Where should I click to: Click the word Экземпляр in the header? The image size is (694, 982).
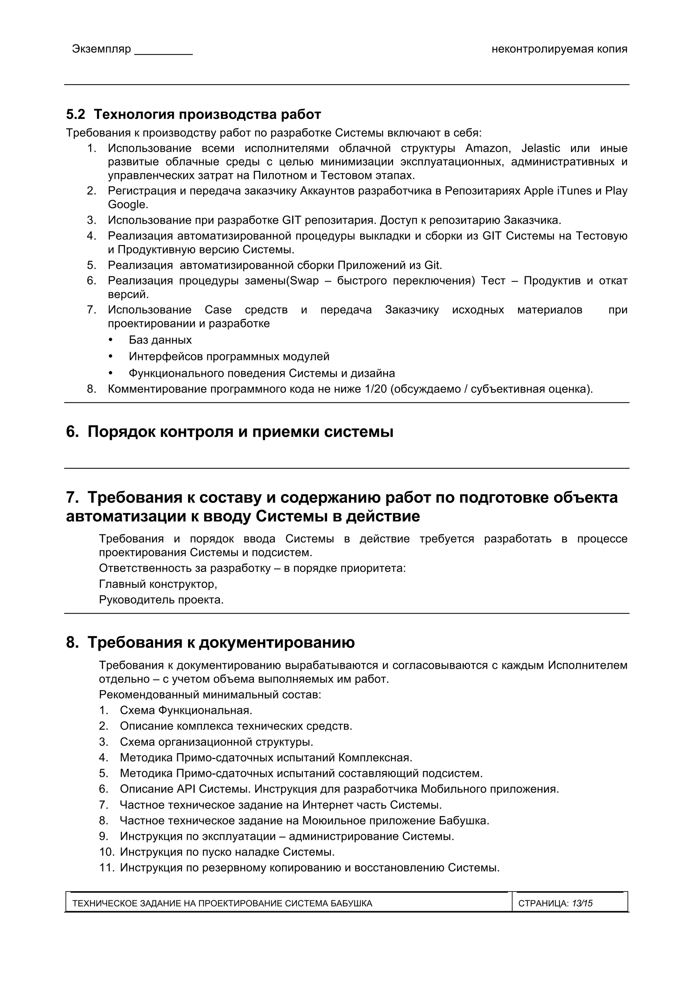click(x=101, y=49)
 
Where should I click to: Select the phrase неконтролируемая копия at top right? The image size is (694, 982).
click(x=559, y=49)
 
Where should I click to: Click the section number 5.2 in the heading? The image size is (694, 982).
click(x=75, y=115)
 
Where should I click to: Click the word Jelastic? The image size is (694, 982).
click(x=540, y=148)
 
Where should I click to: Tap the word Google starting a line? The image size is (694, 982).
click(x=127, y=204)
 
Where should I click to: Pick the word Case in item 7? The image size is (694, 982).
click(x=218, y=310)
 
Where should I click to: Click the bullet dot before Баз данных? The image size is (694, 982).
click(x=111, y=340)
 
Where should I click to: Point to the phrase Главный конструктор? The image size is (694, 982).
click(x=158, y=584)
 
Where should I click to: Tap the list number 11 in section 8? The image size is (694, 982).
click(x=106, y=868)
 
